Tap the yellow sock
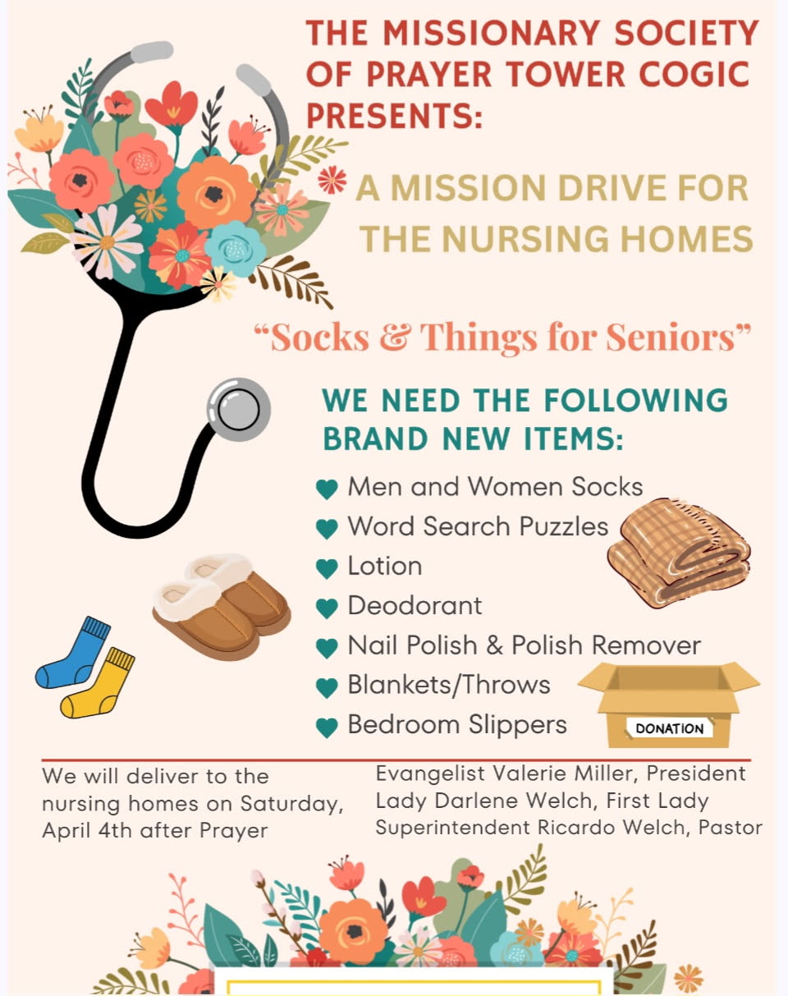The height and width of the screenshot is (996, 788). click(x=98, y=683)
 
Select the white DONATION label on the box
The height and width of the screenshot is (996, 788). click(x=670, y=728)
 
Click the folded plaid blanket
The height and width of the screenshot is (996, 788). click(x=679, y=552)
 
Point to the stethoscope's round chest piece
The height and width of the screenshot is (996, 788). click(x=239, y=410)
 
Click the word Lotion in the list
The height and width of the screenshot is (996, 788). click(x=385, y=566)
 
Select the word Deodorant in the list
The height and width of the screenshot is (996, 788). click(x=415, y=605)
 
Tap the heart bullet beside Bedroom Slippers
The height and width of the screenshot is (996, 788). click(x=328, y=727)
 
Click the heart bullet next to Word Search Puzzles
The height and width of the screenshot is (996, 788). click(x=328, y=529)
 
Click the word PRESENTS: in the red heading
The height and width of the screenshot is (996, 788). click(x=395, y=115)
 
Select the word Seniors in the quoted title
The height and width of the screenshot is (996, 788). click(x=671, y=337)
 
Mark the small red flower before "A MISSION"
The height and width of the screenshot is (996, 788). click(x=332, y=180)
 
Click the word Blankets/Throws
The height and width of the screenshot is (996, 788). click(x=449, y=685)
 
